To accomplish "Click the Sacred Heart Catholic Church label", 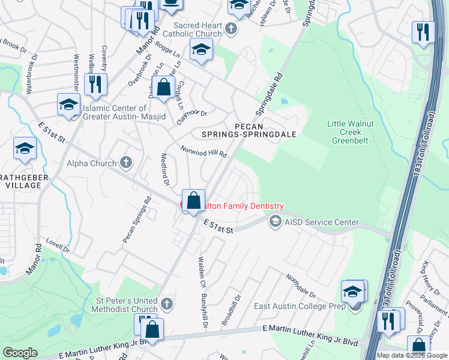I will (x=197, y=29).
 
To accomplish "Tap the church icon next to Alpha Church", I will (x=126, y=162).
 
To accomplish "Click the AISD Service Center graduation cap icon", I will (x=276, y=222).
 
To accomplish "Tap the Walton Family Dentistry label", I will (x=240, y=206).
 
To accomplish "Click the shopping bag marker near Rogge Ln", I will (x=163, y=88).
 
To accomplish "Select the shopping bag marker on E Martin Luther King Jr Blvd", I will (x=152, y=329).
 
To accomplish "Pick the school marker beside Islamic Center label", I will (x=68, y=105).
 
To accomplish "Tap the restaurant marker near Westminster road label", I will (x=94, y=83).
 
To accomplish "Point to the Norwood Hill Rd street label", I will (x=205, y=151).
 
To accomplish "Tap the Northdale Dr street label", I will (x=301, y=286).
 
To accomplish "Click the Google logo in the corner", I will (x=20, y=353).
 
